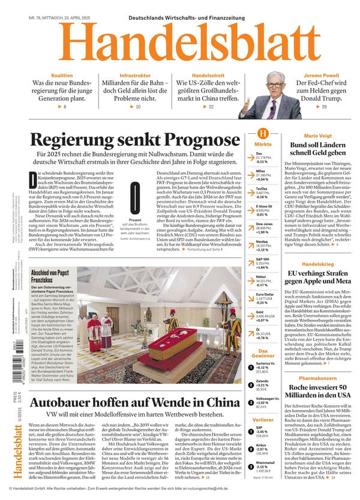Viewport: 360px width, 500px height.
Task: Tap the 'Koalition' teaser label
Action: coord(62,76)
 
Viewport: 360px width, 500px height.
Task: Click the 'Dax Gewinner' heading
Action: coord(263,354)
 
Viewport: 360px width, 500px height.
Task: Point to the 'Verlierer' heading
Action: coord(263,420)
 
